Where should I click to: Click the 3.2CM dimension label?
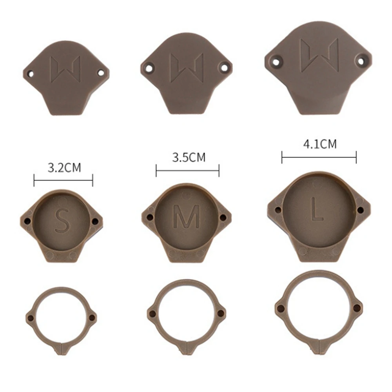coord(64,167)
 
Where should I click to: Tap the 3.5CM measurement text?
coord(189,157)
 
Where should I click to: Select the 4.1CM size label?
coord(320,144)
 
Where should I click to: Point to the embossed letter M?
coord(187,216)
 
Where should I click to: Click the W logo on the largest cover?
coord(319,56)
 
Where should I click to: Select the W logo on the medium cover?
coord(187,68)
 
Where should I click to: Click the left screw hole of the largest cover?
coord(276,61)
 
